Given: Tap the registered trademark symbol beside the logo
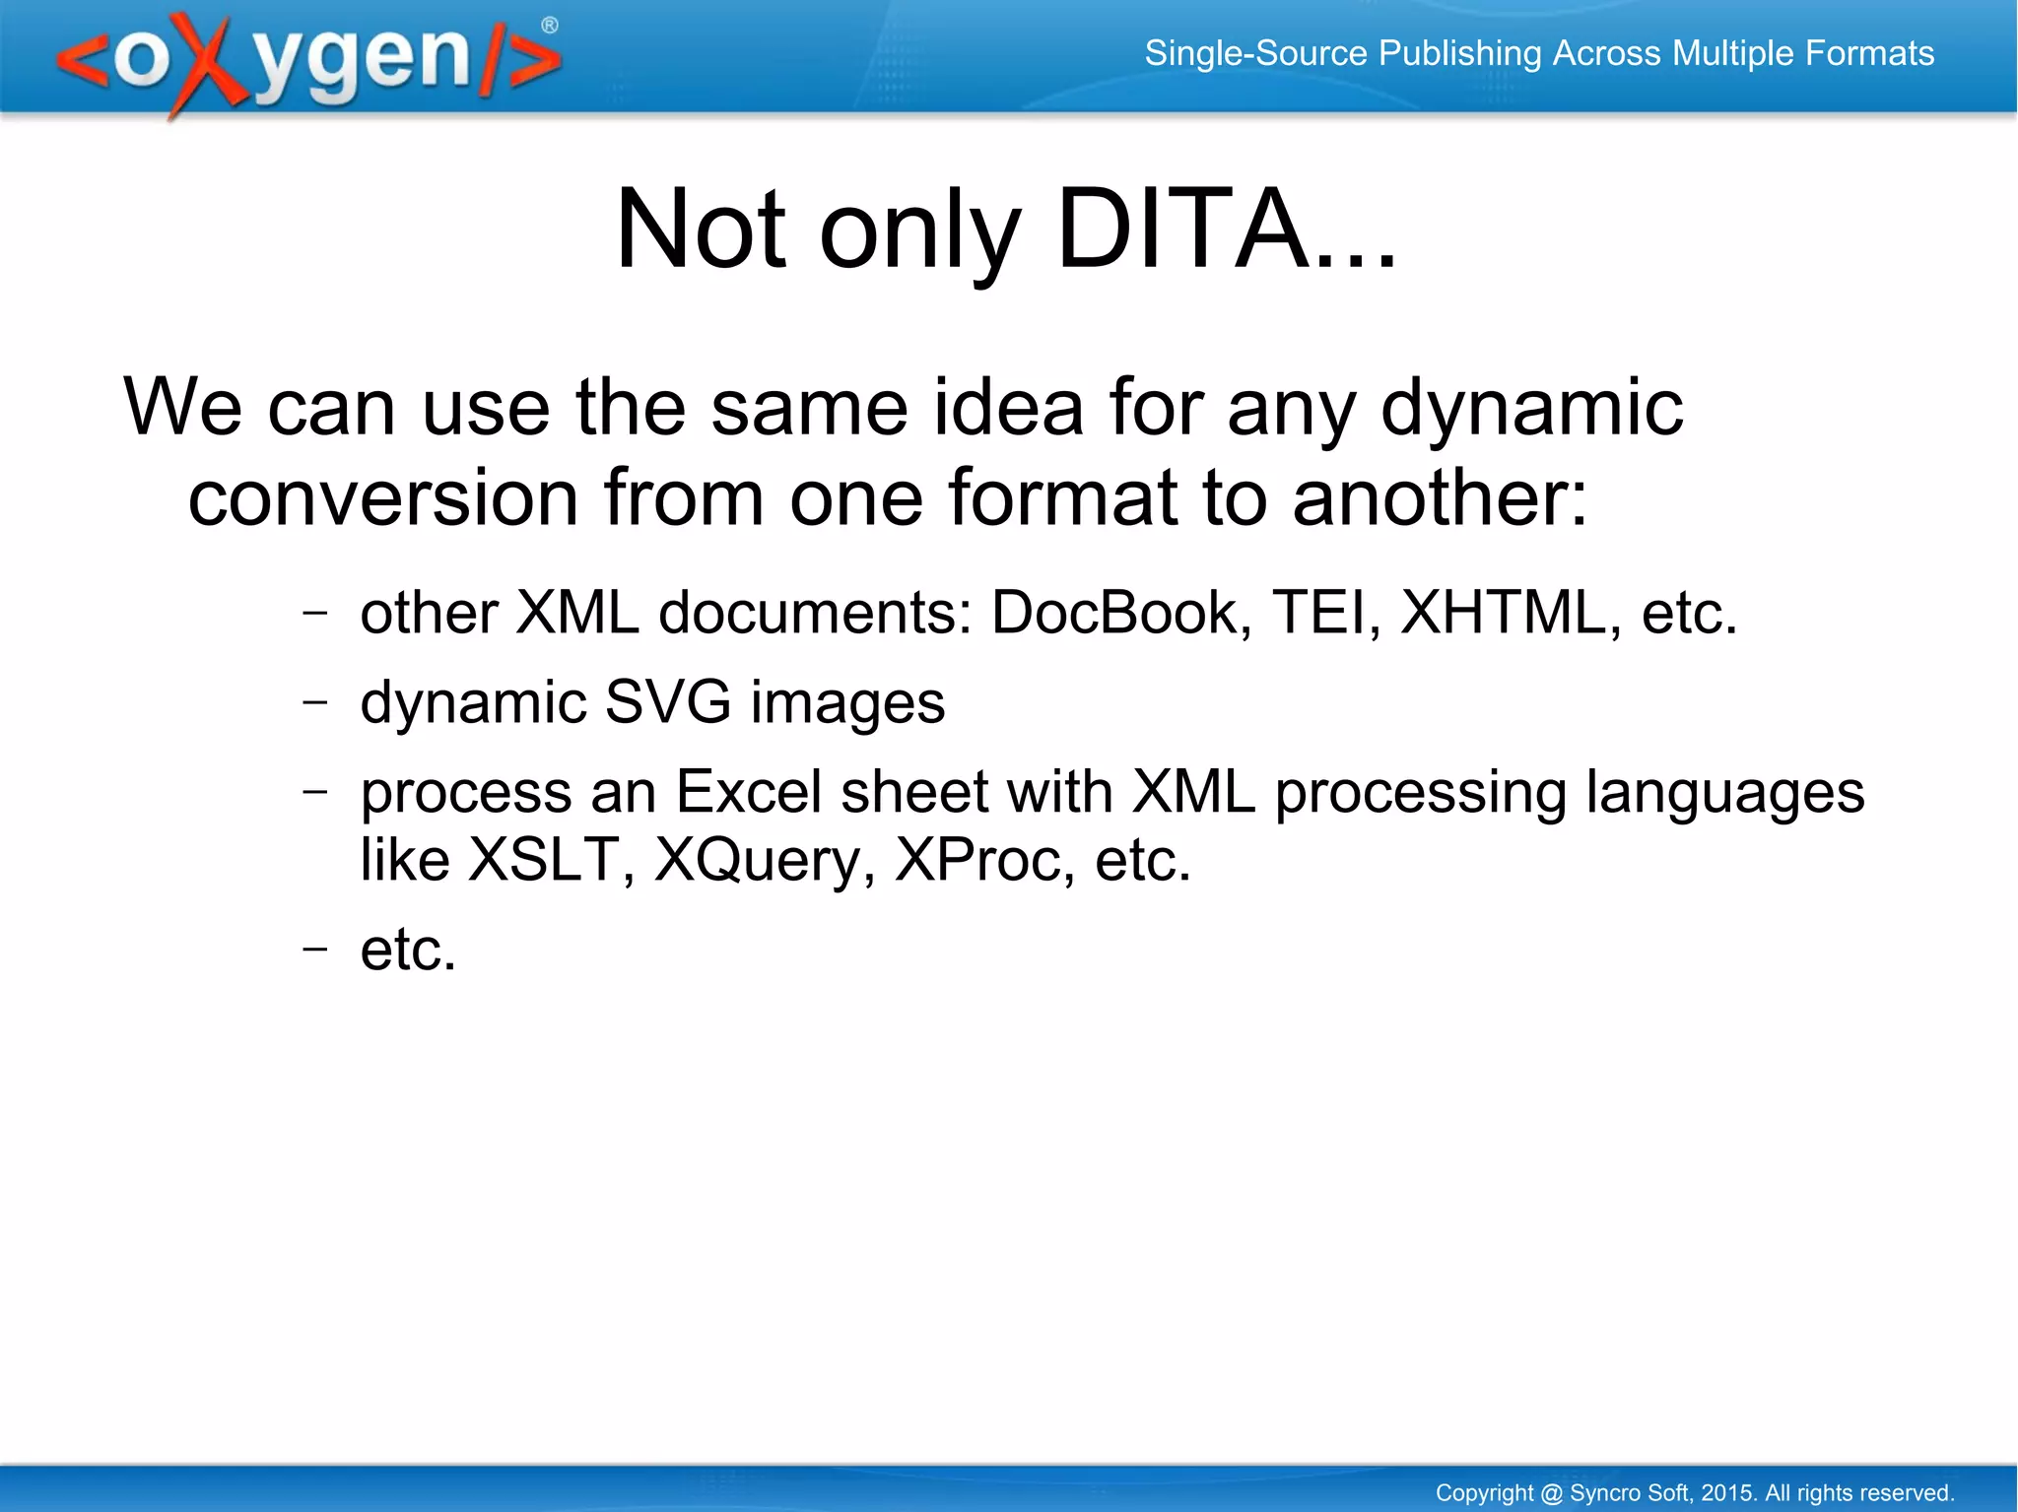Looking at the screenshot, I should pos(550,26).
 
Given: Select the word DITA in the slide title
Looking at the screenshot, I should pos(1181,230).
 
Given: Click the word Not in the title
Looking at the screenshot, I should pos(701,230).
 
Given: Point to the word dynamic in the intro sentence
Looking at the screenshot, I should pos(1531,408).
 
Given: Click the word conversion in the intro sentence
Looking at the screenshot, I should pos(382,498).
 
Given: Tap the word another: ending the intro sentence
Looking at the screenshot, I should pos(1440,498).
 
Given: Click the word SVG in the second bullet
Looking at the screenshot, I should pos(667,702).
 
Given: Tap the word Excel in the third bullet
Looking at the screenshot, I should pos(748,792).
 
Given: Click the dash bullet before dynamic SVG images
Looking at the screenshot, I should pos(314,702).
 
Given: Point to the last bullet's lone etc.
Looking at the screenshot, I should pos(408,951).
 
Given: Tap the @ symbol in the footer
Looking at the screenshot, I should pos(1551,1493).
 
